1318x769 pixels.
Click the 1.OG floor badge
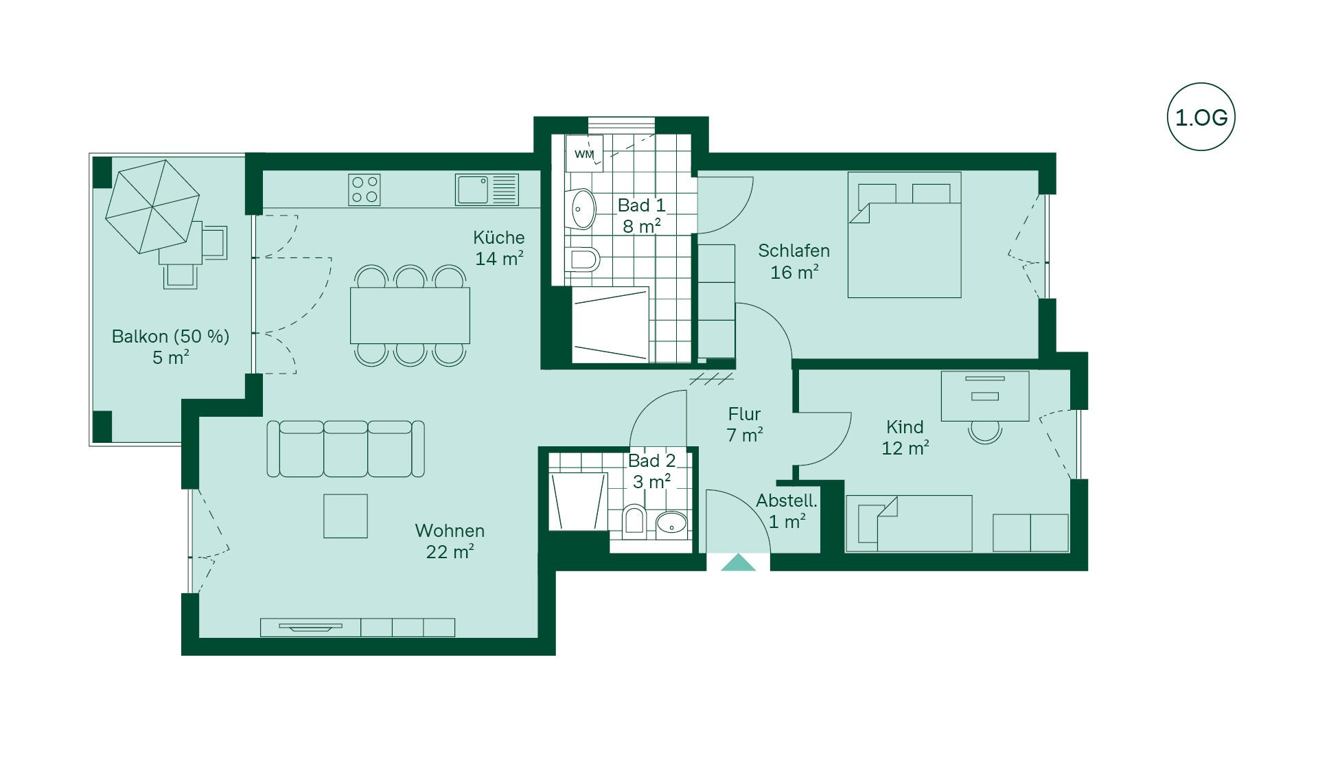(x=1201, y=117)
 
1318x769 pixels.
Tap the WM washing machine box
(x=584, y=153)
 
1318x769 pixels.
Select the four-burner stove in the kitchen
(x=365, y=190)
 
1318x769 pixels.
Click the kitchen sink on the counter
(x=487, y=190)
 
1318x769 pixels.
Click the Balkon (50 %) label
(x=170, y=336)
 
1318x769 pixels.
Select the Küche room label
(x=499, y=238)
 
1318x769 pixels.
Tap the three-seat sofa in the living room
(x=345, y=449)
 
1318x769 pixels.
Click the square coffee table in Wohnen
(x=345, y=516)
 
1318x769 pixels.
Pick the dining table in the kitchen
(x=410, y=315)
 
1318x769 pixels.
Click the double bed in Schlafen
(x=904, y=235)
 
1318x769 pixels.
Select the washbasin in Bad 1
(x=581, y=209)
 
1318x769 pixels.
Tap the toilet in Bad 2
(x=634, y=520)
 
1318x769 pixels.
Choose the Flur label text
(x=744, y=414)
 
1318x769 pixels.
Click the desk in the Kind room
(x=985, y=396)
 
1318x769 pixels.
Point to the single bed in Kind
(x=909, y=524)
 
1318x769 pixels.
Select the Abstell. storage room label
(x=787, y=501)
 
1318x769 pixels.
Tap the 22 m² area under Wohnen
(x=450, y=552)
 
